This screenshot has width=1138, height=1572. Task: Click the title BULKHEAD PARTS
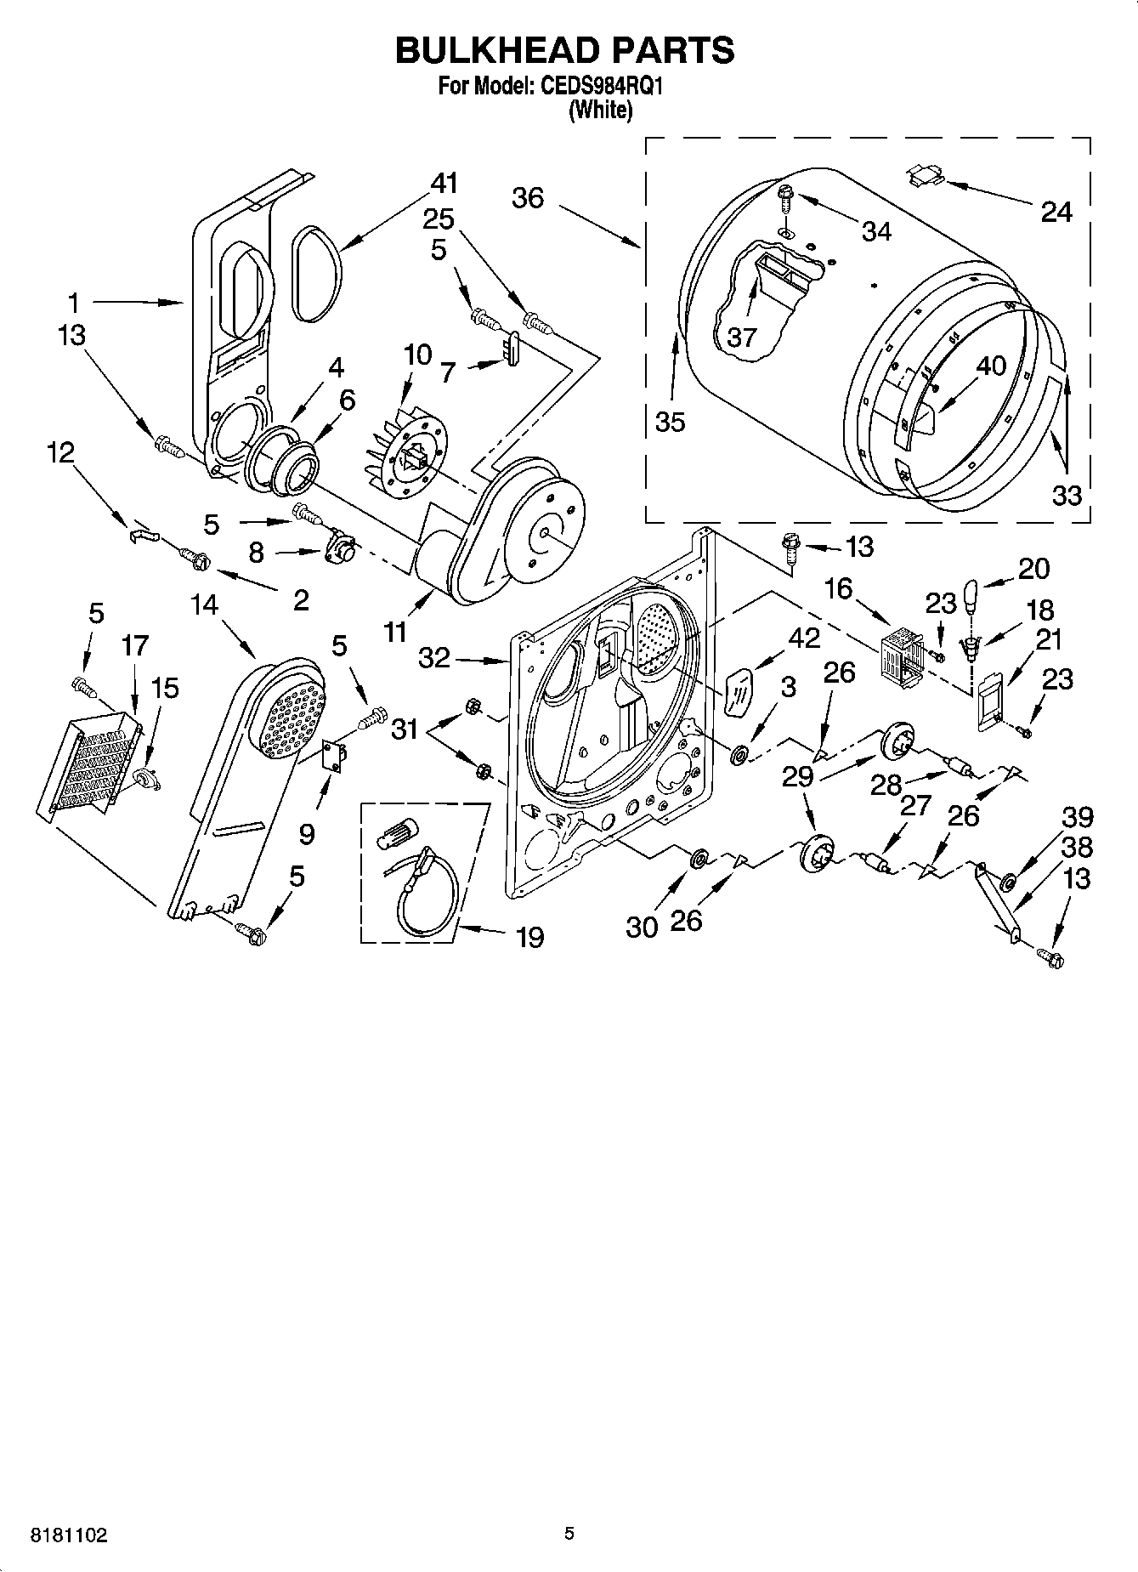click(564, 51)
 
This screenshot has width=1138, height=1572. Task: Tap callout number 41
click(444, 183)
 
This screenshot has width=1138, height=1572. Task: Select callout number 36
click(527, 198)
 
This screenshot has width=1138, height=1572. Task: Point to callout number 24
click(1056, 211)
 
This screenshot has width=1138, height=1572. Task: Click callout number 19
click(529, 937)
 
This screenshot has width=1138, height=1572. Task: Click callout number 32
click(434, 657)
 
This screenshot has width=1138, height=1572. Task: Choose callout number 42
click(805, 637)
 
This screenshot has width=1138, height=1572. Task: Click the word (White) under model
click(600, 111)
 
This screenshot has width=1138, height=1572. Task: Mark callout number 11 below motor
click(395, 633)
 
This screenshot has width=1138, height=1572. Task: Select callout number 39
click(1077, 817)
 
